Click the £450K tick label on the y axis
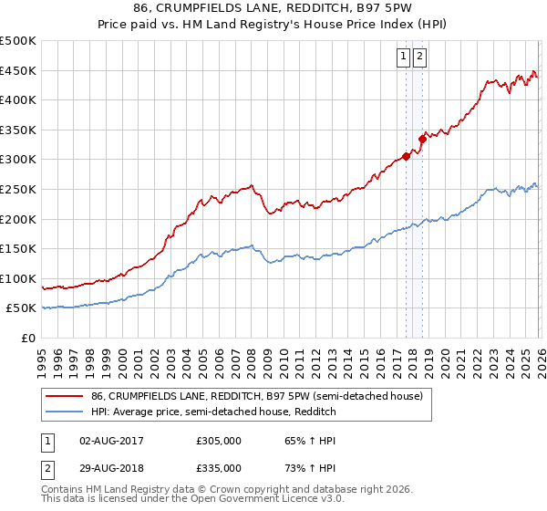pos(18,70)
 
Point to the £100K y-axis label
pos(18,278)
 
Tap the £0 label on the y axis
pos(29,338)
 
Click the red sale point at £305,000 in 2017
pos(405,156)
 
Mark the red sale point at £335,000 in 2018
pos(422,139)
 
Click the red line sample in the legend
pos(64,397)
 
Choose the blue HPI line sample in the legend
pos(64,412)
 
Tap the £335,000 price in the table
pos(219,467)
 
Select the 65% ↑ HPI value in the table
pos(299,440)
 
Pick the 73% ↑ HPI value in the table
pos(299,467)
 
